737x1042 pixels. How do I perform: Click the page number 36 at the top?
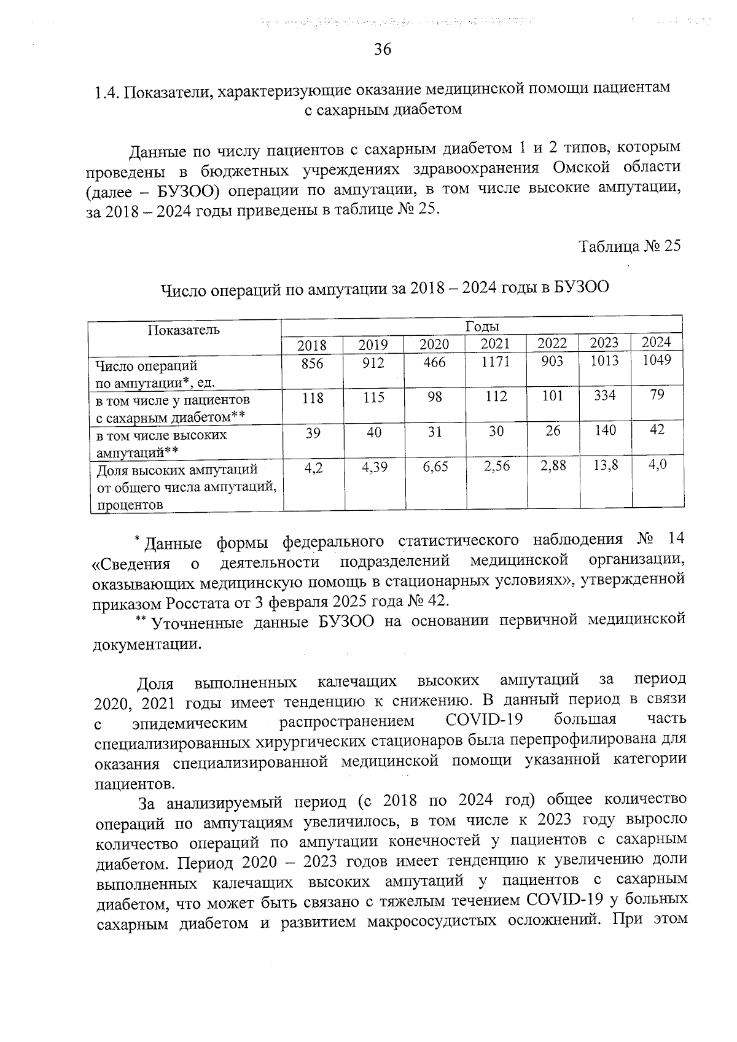click(383, 50)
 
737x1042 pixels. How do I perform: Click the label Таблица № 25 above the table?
click(630, 246)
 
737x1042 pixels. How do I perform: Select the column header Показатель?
click(184, 330)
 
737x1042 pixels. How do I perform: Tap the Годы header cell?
click(482, 326)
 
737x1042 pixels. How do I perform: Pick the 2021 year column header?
click(495, 344)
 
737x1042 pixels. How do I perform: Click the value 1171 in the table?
click(495, 362)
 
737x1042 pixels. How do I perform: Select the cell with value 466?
click(435, 362)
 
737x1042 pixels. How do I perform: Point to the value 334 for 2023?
click(604, 395)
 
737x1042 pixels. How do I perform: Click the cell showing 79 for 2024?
click(657, 395)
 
